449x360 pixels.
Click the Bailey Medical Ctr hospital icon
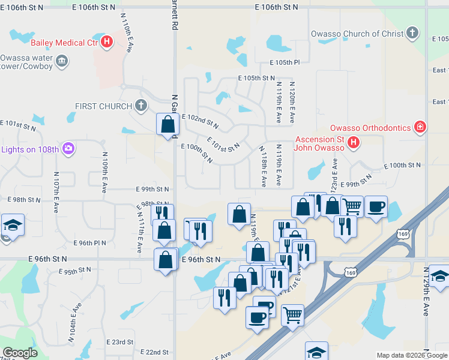[x=107, y=42]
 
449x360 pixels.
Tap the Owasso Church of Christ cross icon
[x=412, y=33]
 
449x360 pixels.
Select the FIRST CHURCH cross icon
[x=141, y=106]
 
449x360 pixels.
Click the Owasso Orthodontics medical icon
[x=421, y=127]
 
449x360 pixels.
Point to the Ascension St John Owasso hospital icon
[x=354, y=142]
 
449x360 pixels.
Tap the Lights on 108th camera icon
[x=68, y=148]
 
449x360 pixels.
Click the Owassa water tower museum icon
[x=62, y=61]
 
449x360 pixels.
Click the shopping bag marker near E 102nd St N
[x=167, y=125]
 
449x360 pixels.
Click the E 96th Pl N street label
[x=89, y=243]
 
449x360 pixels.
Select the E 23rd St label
[x=119, y=341]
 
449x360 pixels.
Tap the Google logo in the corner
[x=20, y=353]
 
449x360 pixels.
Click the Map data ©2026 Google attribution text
[x=412, y=355]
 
